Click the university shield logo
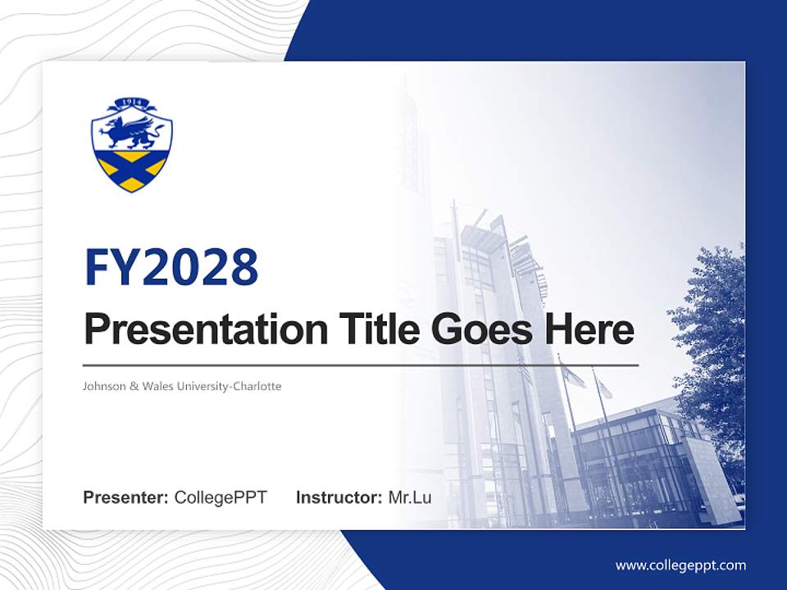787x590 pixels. click(132, 146)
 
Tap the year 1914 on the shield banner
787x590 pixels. click(132, 103)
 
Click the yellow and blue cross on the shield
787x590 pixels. click(132, 169)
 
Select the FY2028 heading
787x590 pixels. click(171, 267)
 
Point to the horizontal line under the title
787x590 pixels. click(361, 365)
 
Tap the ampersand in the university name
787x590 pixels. click(134, 386)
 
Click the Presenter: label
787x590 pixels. click(126, 497)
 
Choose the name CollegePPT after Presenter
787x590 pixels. click(221, 497)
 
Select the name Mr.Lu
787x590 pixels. click(410, 497)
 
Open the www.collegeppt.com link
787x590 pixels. click(680, 565)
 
